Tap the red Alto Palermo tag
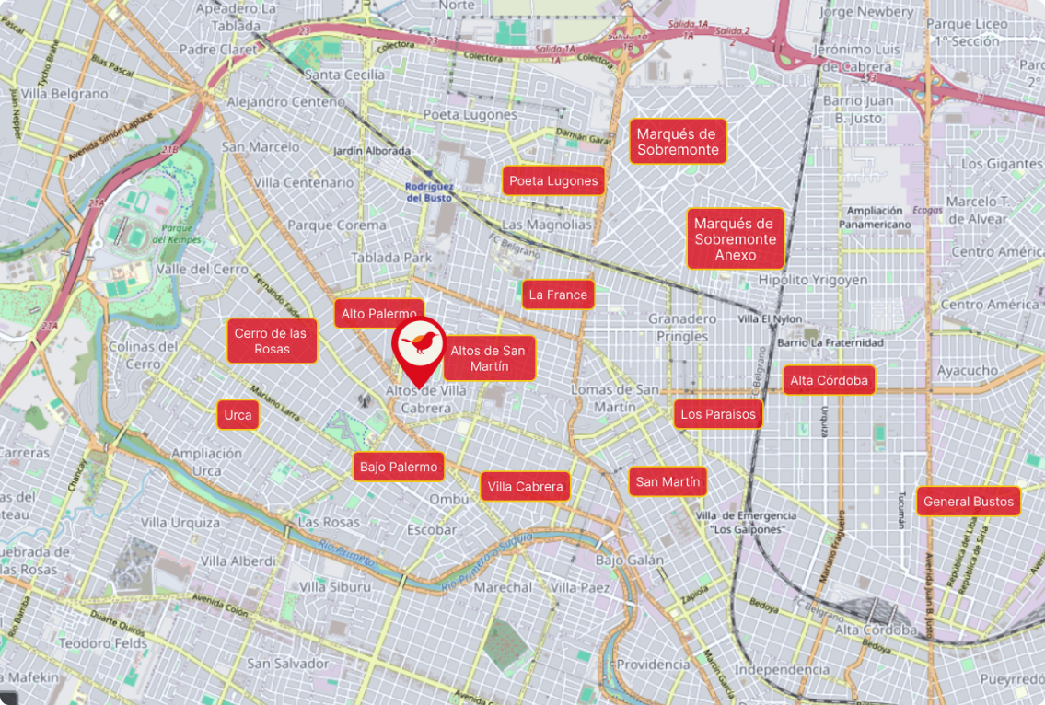click(378, 314)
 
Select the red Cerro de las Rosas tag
click(272, 341)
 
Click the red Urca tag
click(238, 415)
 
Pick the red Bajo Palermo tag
click(399, 467)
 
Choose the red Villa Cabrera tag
click(525, 486)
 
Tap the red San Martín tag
click(668, 481)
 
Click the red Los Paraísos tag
click(718, 414)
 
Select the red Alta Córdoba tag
click(829, 380)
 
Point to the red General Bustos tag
click(968, 502)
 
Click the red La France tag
click(558, 295)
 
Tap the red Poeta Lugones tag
click(553, 180)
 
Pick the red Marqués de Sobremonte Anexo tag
click(736, 239)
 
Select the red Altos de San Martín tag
click(489, 358)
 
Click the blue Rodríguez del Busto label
click(429, 191)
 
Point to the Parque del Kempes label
click(174, 234)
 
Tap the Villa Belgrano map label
click(64, 94)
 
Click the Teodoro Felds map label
click(103, 643)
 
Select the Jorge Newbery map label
click(865, 12)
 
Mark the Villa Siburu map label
click(335, 586)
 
